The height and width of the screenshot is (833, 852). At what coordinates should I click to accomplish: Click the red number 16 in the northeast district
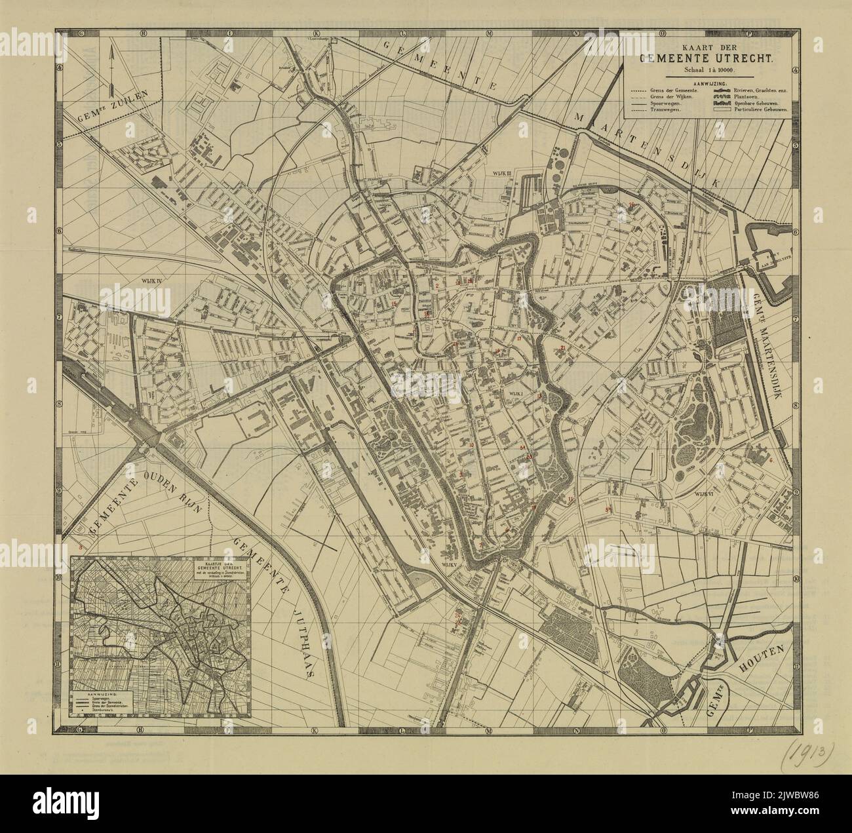[632, 205]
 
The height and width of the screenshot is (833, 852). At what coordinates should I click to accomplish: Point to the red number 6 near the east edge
[771, 460]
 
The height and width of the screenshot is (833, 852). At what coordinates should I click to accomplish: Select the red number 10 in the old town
[471, 445]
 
